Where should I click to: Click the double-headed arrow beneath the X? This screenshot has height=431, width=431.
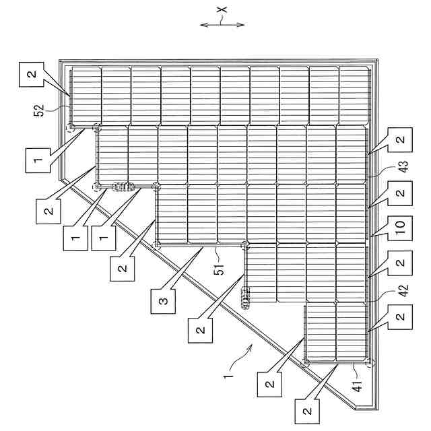tap(223, 25)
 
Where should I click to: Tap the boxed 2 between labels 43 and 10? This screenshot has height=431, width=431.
tap(401, 193)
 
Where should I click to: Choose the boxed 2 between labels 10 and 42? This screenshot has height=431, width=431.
tap(401, 263)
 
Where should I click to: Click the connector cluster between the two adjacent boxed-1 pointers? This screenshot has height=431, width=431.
tap(124, 187)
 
